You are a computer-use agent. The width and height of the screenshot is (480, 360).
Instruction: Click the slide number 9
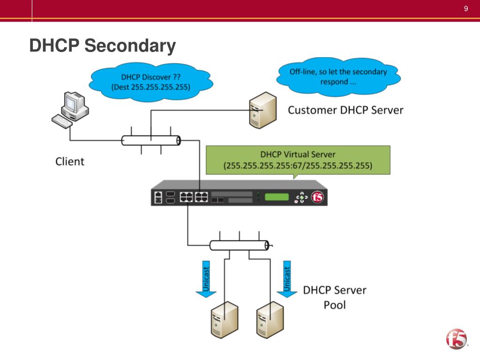[466, 8]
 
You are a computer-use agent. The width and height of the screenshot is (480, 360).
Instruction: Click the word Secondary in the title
[130, 46]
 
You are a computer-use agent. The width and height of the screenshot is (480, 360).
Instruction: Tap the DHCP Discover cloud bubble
[151, 82]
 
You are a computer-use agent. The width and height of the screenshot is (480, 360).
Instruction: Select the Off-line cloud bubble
[338, 76]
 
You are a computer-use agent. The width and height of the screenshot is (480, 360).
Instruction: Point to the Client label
[70, 161]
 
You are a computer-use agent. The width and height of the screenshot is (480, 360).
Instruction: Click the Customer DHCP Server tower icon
[263, 110]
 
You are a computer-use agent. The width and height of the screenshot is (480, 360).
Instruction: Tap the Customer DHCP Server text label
[345, 110]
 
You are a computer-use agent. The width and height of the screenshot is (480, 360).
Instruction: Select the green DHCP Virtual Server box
[298, 160]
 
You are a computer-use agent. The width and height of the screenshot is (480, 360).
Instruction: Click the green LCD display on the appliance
[277, 197]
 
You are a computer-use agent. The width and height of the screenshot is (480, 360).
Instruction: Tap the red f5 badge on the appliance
[317, 197]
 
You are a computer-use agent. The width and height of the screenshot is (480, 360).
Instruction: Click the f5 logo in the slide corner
[457, 339]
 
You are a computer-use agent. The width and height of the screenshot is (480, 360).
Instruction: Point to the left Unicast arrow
[206, 279]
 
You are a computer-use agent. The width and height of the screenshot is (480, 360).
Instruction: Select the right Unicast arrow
[287, 279]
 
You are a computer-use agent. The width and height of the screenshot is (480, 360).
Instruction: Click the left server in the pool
[225, 320]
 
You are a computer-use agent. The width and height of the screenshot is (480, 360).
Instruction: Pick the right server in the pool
[270, 320]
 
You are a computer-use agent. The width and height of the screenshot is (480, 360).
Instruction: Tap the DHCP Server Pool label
[335, 297]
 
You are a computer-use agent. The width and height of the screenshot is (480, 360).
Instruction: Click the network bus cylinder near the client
[151, 141]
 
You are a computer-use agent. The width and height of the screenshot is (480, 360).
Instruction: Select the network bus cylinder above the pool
[240, 245]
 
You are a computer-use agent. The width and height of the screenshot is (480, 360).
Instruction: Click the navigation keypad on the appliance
[301, 197]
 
